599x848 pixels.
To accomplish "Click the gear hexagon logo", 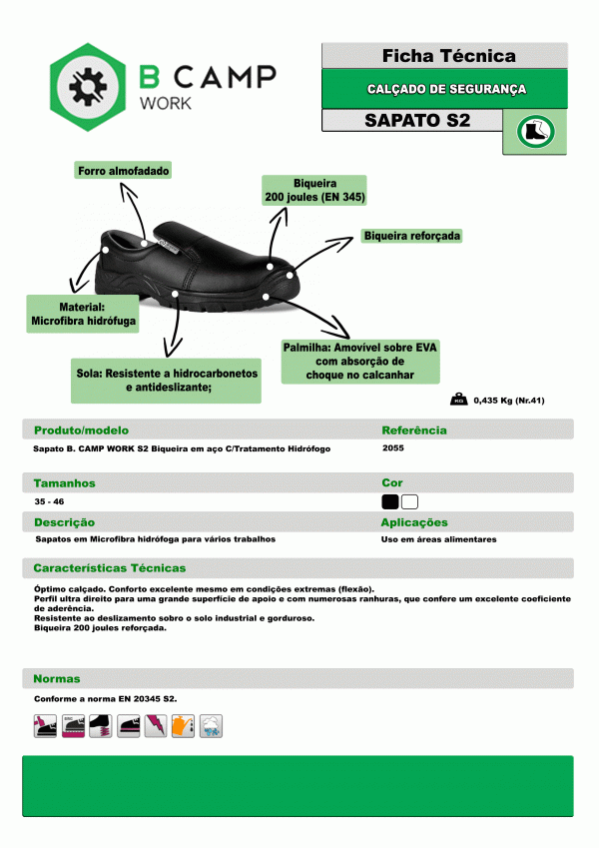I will tap(87, 86).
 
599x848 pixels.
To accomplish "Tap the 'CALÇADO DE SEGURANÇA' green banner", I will tap(445, 89).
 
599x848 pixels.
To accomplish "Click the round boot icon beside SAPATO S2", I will tap(534, 131).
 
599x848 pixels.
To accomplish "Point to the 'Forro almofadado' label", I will tap(123, 171).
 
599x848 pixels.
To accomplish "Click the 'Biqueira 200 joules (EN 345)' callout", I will tap(314, 191).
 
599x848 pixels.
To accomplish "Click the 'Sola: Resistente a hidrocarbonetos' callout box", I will tap(166, 380).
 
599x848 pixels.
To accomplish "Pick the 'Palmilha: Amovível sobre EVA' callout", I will tap(360, 361).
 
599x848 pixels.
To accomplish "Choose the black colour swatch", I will tap(389, 501).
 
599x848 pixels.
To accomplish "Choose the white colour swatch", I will tap(409, 501).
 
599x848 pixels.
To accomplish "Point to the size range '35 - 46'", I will tap(47, 501).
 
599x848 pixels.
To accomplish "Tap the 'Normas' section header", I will tap(56, 678).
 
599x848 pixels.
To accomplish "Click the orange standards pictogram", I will tap(182, 726).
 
